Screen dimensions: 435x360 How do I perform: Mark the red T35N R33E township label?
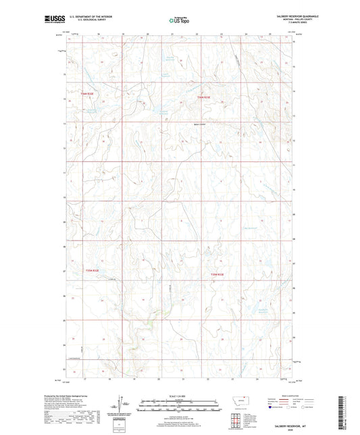tap(215, 274)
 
